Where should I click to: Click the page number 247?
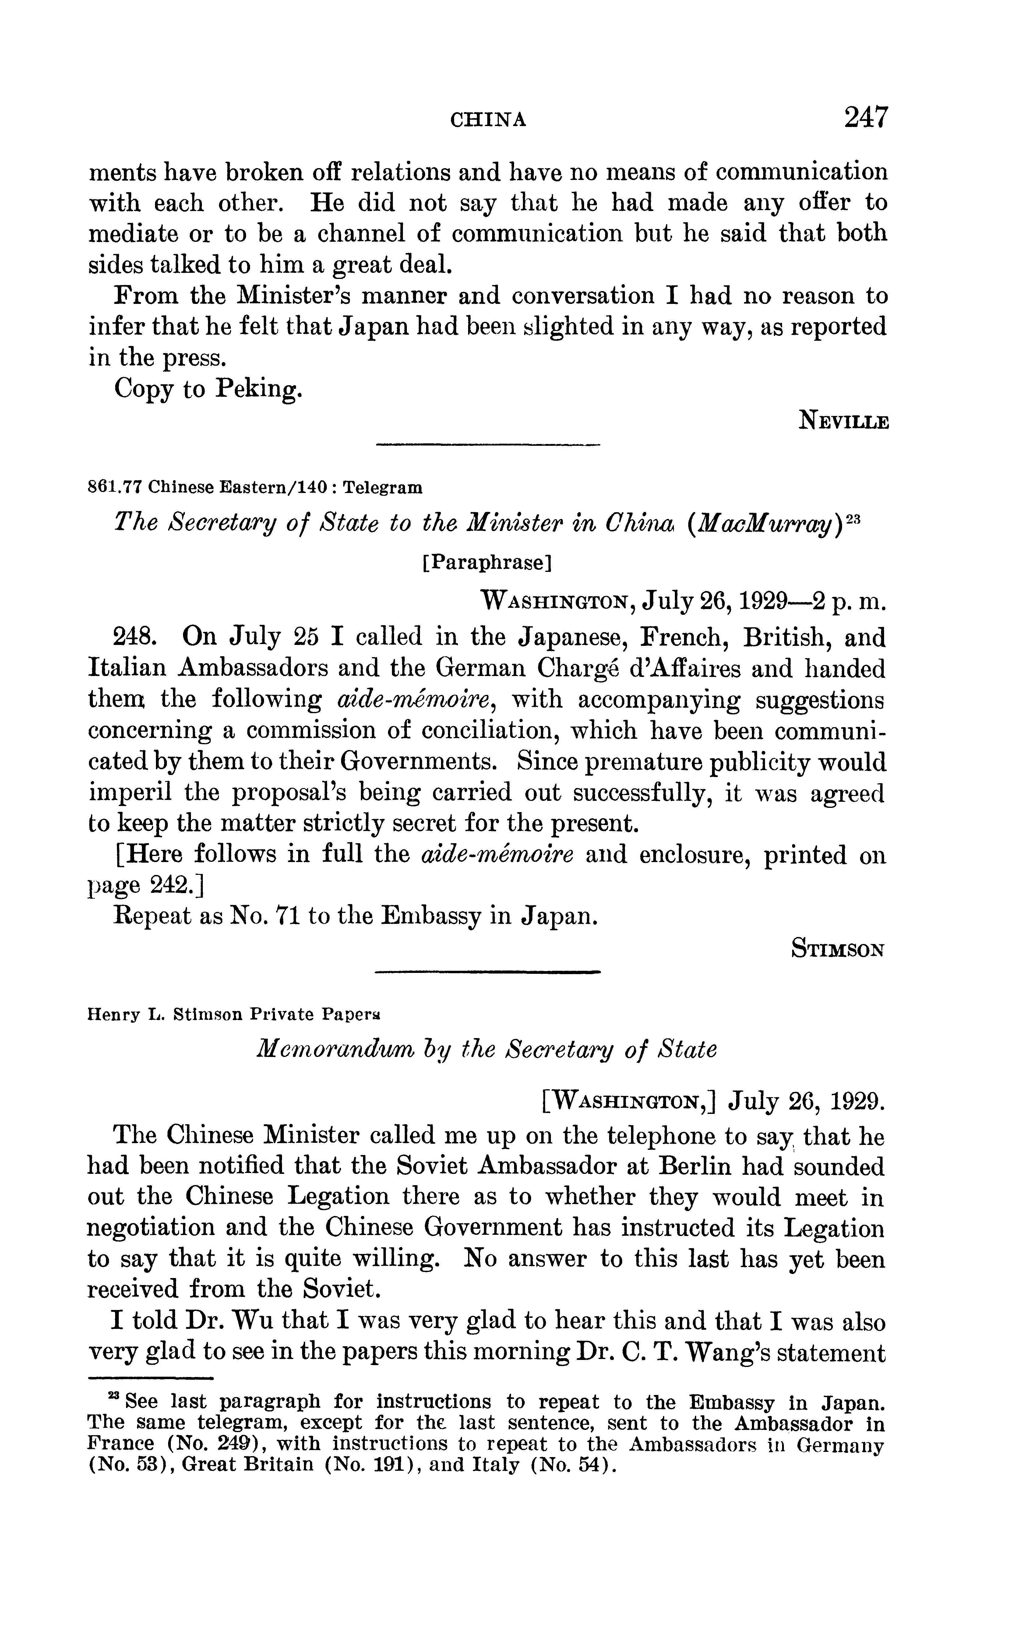866,118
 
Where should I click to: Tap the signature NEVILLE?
844,422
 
